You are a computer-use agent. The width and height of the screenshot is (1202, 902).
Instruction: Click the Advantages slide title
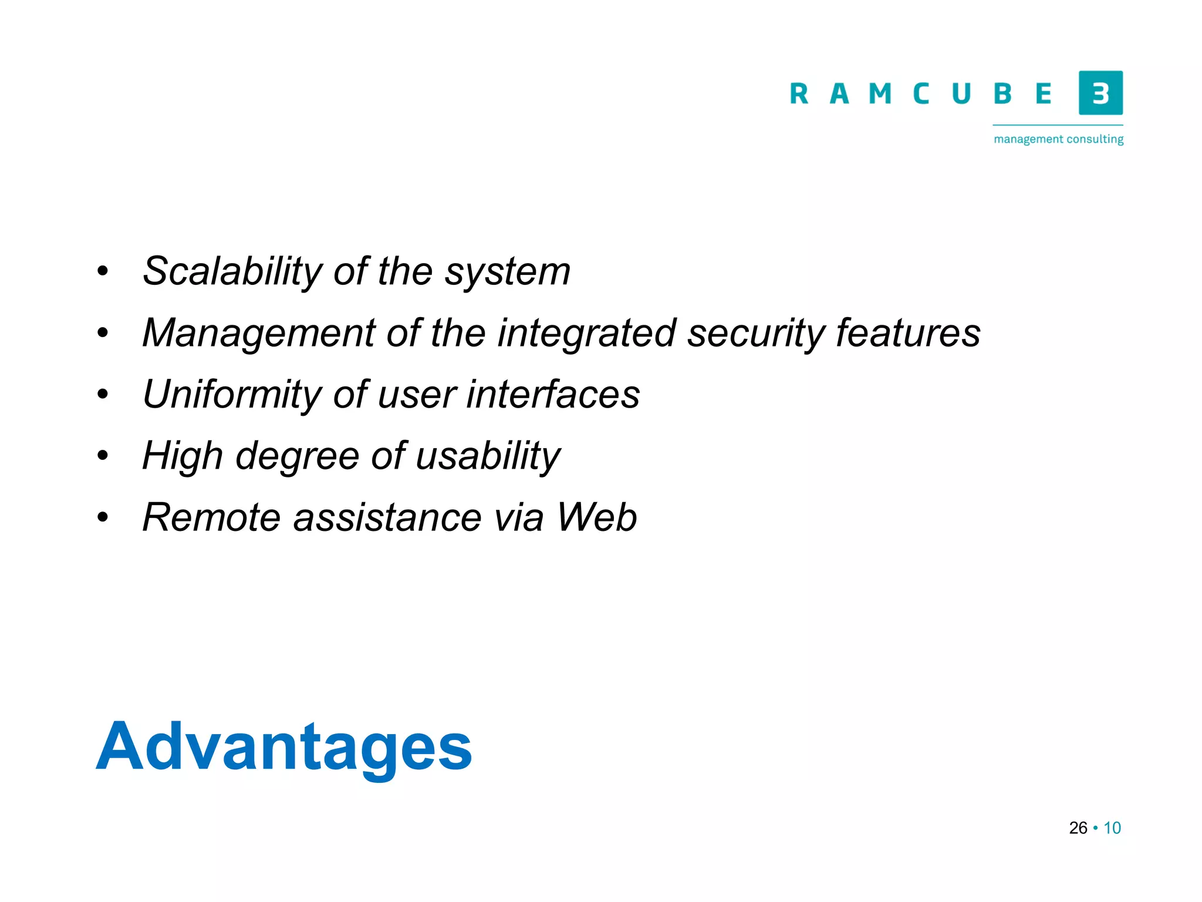(283, 747)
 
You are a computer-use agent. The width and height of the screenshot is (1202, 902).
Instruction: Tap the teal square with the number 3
(1100, 93)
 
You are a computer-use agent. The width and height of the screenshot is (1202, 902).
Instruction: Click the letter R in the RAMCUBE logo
(799, 94)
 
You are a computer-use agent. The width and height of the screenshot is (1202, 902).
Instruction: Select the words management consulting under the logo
(1058, 139)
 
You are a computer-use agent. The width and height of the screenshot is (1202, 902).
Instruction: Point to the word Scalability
(232, 272)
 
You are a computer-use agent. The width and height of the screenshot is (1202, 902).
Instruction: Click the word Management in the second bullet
(259, 334)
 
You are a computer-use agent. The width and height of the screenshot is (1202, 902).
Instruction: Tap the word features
(908, 332)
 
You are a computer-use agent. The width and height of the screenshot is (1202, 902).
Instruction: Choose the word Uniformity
(232, 395)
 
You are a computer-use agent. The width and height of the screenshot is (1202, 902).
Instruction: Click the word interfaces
(552, 394)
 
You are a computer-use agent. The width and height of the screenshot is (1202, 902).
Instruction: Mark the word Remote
(211, 517)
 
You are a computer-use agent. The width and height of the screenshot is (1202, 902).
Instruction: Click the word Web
(596, 517)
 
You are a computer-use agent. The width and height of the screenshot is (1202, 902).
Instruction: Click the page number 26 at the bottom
(1078, 828)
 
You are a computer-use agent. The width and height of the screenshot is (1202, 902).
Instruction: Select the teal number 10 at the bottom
(1112, 828)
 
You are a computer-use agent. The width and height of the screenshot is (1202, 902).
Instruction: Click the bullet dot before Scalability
(103, 272)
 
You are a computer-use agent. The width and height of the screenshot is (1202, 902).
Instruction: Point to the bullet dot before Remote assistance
(103, 518)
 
